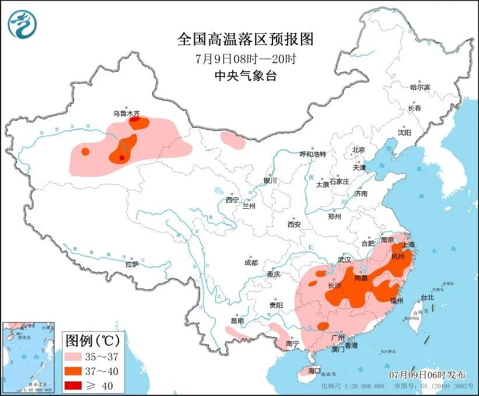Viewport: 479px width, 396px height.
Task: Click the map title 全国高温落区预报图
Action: tap(245, 39)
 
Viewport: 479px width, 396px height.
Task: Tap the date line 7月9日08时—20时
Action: tap(245, 58)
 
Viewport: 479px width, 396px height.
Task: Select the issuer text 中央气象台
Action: tap(245, 76)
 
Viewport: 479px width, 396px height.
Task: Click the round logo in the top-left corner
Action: tap(22, 24)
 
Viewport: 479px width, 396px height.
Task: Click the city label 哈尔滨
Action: tap(419, 87)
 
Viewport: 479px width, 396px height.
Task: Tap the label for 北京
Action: tap(358, 150)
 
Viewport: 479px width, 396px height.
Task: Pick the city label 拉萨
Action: tap(132, 264)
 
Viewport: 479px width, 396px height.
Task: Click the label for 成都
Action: tap(251, 262)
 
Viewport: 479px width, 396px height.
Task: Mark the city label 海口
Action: tap(314, 370)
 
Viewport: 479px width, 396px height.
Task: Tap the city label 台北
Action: tap(426, 297)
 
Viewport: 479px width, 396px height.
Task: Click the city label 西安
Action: tap(293, 225)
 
